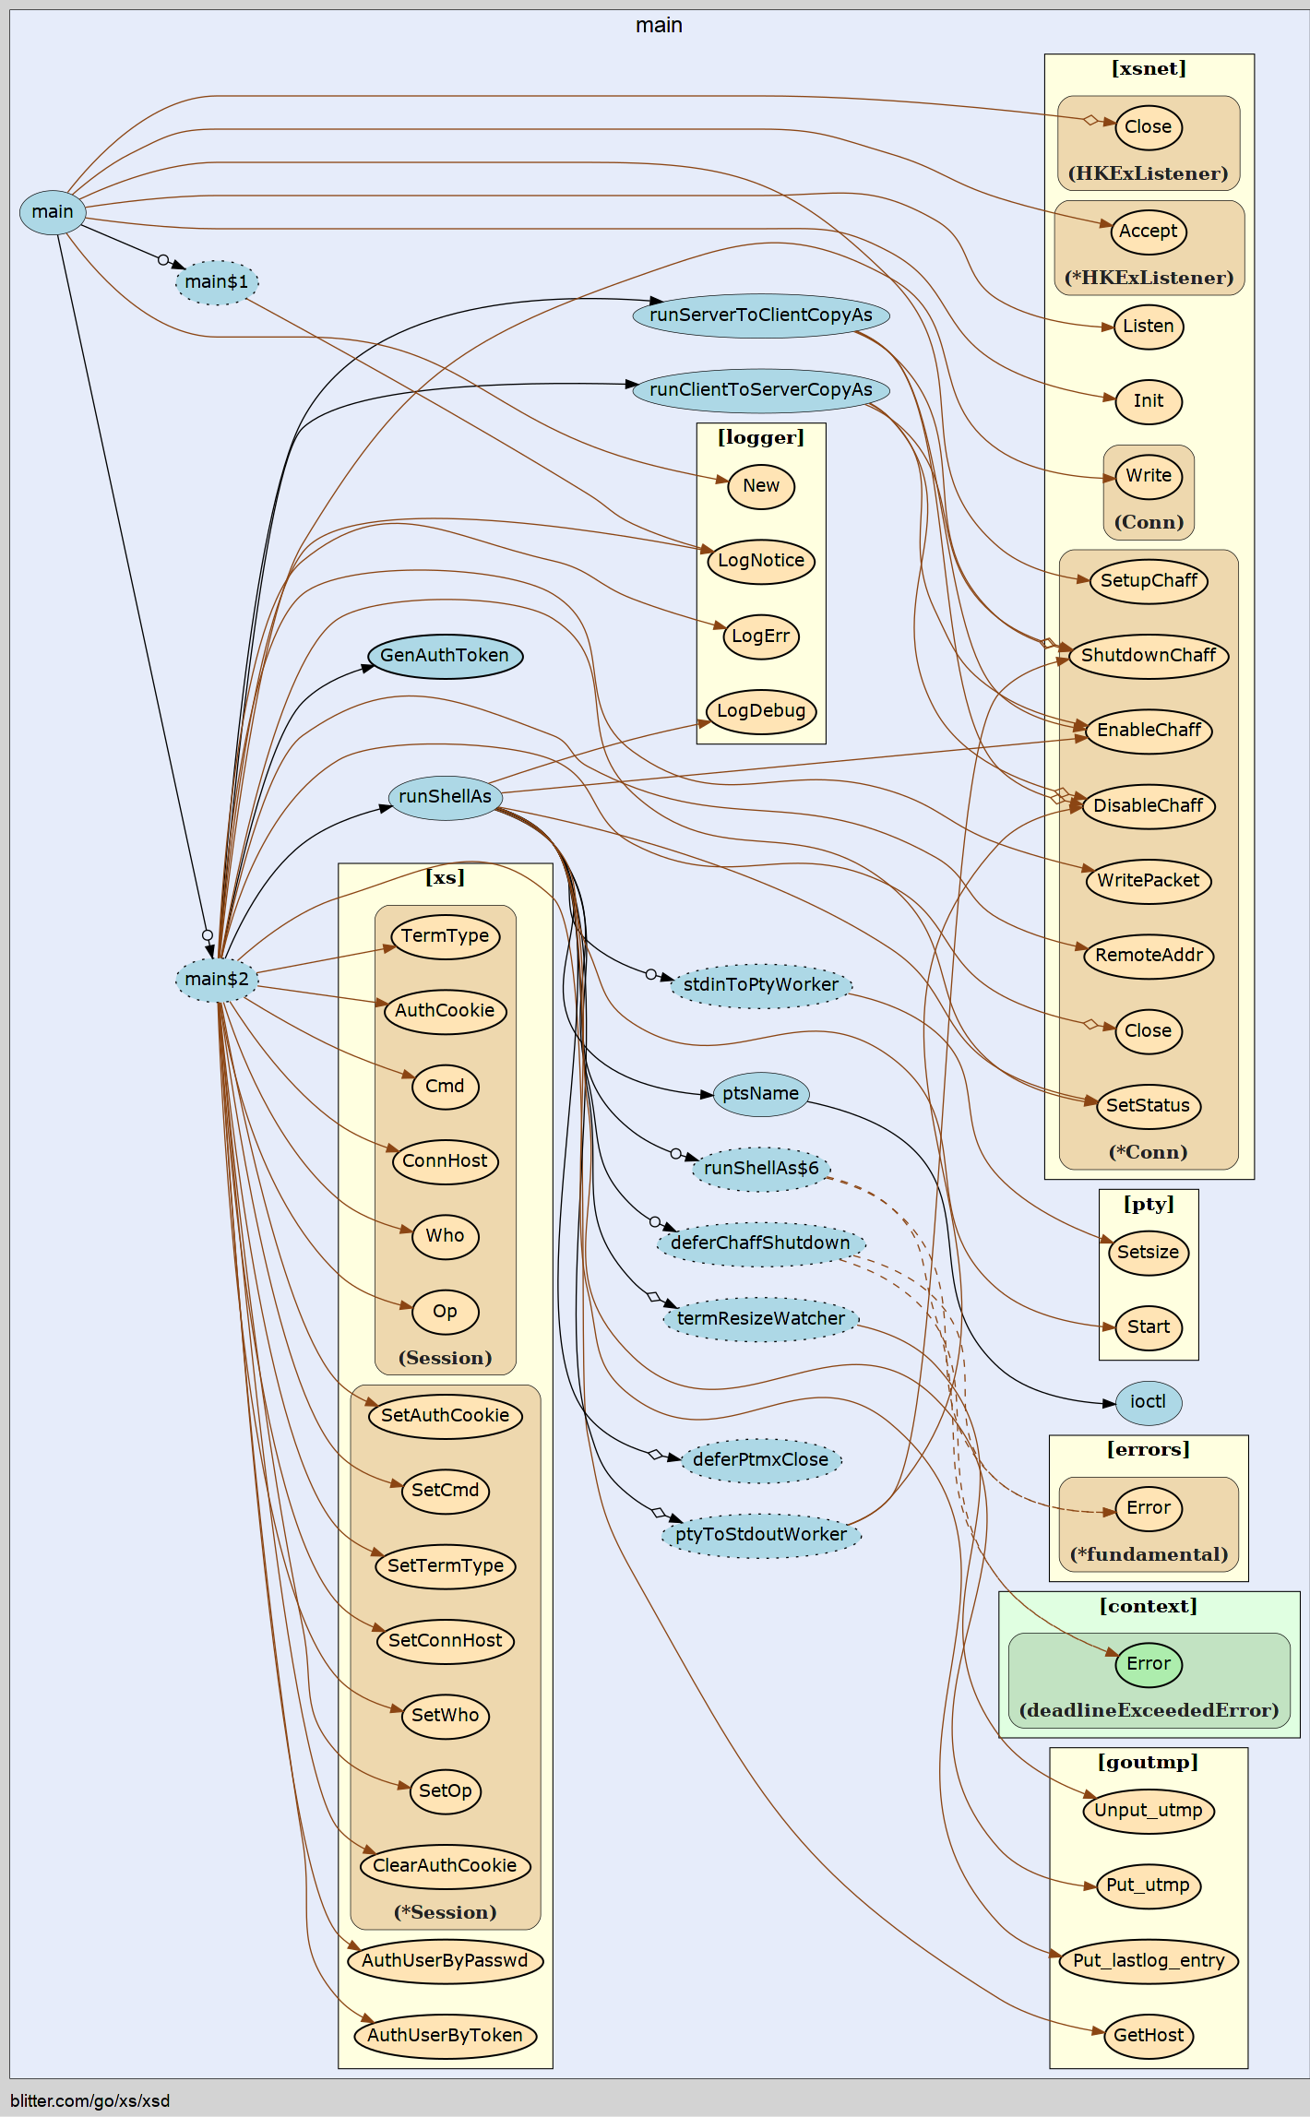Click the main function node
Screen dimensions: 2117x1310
point(53,212)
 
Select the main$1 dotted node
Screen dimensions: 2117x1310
point(217,282)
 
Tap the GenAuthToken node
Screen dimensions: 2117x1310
point(445,656)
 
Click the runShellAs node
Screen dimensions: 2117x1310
point(445,797)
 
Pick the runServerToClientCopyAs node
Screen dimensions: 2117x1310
point(760,315)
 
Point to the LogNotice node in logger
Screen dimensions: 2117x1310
point(760,561)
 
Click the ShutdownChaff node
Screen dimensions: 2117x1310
point(1148,656)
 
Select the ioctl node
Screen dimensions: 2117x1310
point(1148,1402)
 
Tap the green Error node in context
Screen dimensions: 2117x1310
point(1148,1664)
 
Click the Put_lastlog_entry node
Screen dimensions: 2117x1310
point(1148,1960)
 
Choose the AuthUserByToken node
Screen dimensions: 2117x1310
point(445,2035)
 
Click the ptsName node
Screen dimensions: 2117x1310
point(760,1094)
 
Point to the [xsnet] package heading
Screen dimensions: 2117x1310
point(1148,69)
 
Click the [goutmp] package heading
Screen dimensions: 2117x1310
point(1148,1763)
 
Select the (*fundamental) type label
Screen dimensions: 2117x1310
point(1148,1554)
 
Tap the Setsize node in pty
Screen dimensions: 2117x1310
point(1148,1253)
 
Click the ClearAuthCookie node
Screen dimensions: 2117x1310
point(445,1865)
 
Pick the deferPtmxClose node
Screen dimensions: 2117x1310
point(760,1459)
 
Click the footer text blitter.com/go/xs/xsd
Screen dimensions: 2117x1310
point(90,2100)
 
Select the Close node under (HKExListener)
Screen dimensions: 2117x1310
point(1148,127)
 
